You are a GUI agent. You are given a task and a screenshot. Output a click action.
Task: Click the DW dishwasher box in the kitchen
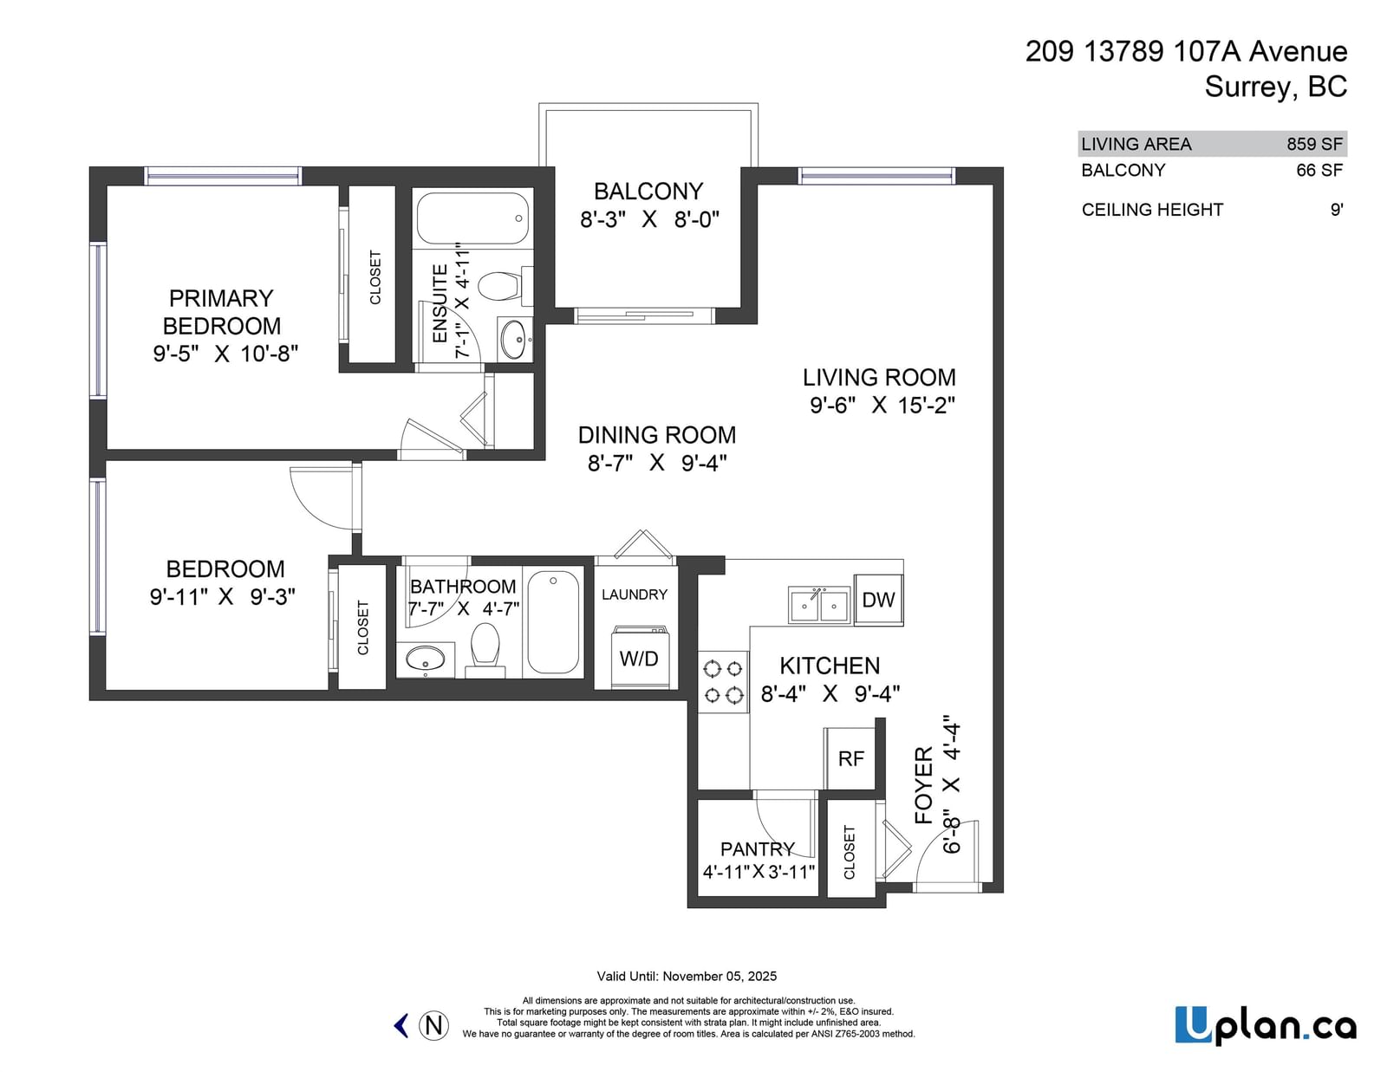click(x=878, y=599)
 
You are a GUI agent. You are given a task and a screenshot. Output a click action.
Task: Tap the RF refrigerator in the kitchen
click(x=850, y=758)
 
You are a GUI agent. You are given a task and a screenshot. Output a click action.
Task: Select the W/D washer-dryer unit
click(x=639, y=657)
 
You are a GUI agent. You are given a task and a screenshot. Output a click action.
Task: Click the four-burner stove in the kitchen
click(x=723, y=682)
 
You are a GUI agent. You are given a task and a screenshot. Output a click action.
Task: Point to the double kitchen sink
click(x=819, y=604)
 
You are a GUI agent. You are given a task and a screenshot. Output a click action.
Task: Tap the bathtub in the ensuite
click(x=473, y=218)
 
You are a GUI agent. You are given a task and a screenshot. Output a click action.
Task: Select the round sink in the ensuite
click(x=514, y=339)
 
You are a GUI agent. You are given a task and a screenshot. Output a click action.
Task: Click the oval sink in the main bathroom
click(x=425, y=659)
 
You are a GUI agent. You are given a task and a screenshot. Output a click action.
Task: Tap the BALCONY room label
click(x=648, y=192)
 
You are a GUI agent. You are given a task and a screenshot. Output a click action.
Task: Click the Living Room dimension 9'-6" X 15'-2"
click(x=882, y=406)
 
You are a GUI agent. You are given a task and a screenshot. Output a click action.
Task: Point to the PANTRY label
click(x=758, y=849)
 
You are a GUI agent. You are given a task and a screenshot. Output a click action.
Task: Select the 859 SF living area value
click(x=1315, y=144)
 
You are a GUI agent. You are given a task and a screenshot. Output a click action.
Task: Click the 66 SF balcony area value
click(x=1319, y=171)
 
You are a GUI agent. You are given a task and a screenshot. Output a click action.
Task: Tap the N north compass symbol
click(x=434, y=1026)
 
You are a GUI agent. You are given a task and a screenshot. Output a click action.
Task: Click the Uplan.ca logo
click(x=1266, y=1025)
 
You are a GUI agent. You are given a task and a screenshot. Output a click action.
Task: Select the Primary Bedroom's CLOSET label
click(x=375, y=277)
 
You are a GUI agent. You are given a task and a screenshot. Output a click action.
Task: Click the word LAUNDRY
click(x=635, y=594)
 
